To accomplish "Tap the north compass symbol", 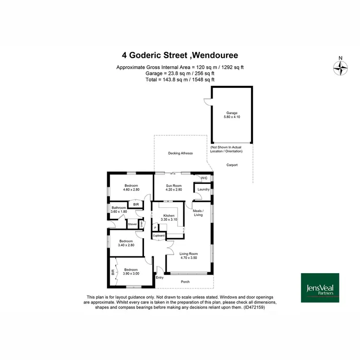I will tap(340, 68).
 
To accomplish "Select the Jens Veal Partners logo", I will tap(320, 288).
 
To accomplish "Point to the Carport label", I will tap(232, 165).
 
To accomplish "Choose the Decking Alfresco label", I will tap(180, 153).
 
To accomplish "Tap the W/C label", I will tap(204, 178).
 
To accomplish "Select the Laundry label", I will tap(203, 189).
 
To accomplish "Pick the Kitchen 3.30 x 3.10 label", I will tap(170, 217).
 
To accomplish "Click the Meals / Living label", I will tap(198, 213).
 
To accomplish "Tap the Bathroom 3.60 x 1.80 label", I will tap(119, 209).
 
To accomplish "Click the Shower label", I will tap(132, 224).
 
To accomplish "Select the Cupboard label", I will tap(159, 236).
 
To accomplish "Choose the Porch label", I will tap(185, 282).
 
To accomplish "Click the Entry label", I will tap(160, 277).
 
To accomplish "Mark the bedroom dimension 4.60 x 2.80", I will tap(131, 190).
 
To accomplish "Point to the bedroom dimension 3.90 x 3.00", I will tap(131, 274).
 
